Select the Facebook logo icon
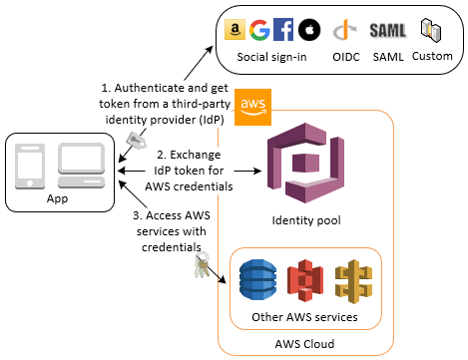click(283, 31)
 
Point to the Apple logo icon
click(306, 31)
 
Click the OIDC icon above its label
click(347, 31)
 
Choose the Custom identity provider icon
click(432, 30)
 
